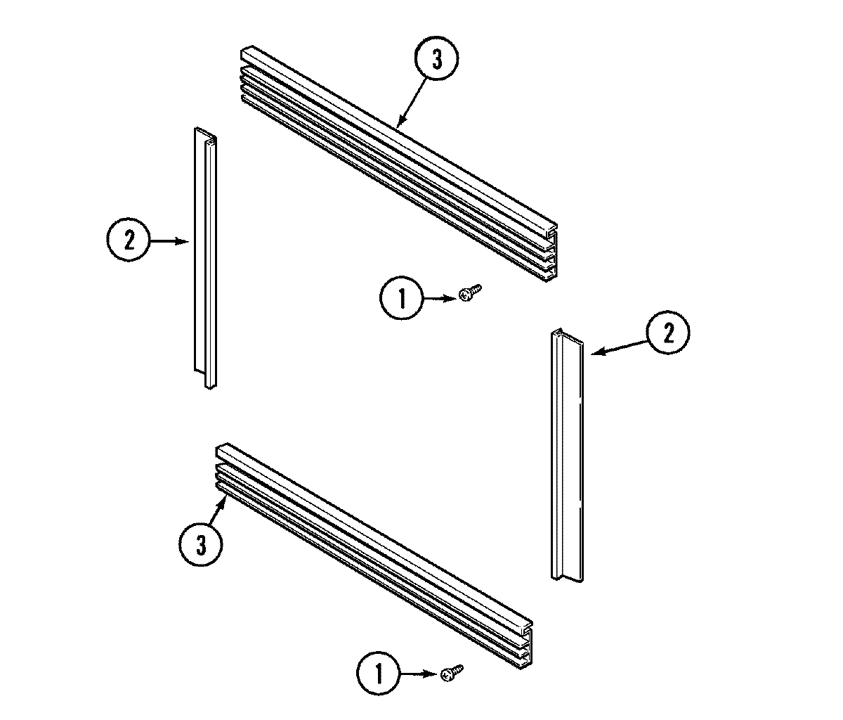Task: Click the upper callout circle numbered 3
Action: [x=436, y=61]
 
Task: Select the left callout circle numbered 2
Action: [x=129, y=241]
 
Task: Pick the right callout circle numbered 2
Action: [x=668, y=333]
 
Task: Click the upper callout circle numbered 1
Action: [x=402, y=299]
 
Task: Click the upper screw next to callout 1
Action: [x=469, y=293]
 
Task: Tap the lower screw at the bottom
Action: [x=450, y=673]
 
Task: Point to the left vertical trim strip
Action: [x=204, y=257]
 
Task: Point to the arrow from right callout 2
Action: [x=618, y=345]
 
